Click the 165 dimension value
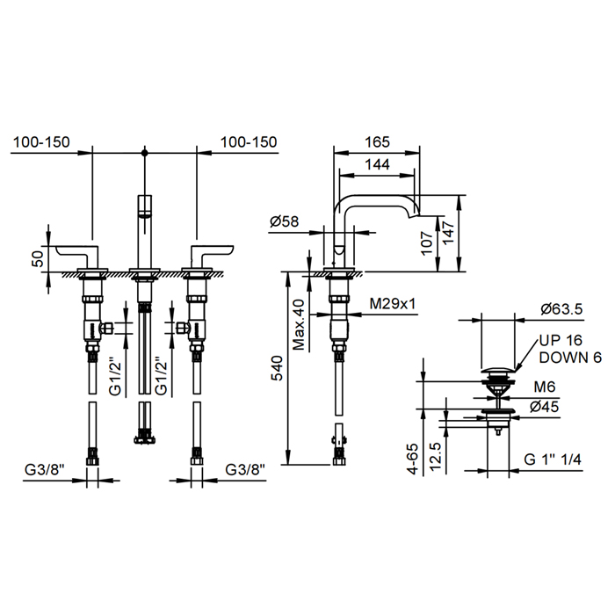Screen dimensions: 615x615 (x=377, y=141)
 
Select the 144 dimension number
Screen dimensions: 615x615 (x=377, y=164)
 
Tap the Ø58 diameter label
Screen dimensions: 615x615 (x=284, y=221)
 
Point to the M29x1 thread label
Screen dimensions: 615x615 (x=392, y=303)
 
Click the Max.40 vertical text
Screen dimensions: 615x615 (x=300, y=324)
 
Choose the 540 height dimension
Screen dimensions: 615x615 (x=277, y=368)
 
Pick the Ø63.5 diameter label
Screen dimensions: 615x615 (x=561, y=309)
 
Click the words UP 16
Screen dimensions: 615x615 (x=561, y=340)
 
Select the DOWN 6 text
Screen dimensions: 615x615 (x=570, y=358)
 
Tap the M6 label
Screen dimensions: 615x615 (x=545, y=387)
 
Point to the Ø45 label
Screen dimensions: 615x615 (x=544, y=407)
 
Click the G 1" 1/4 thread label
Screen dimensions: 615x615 (x=553, y=459)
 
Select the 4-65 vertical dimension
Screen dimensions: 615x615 (x=414, y=459)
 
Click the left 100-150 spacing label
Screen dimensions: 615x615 (x=41, y=142)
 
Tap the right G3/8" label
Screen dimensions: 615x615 (x=245, y=469)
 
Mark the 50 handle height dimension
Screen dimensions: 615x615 (x=38, y=259)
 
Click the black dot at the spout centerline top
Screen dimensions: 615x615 (x=145, y=152)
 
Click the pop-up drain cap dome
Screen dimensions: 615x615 (x=498, y=370)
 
